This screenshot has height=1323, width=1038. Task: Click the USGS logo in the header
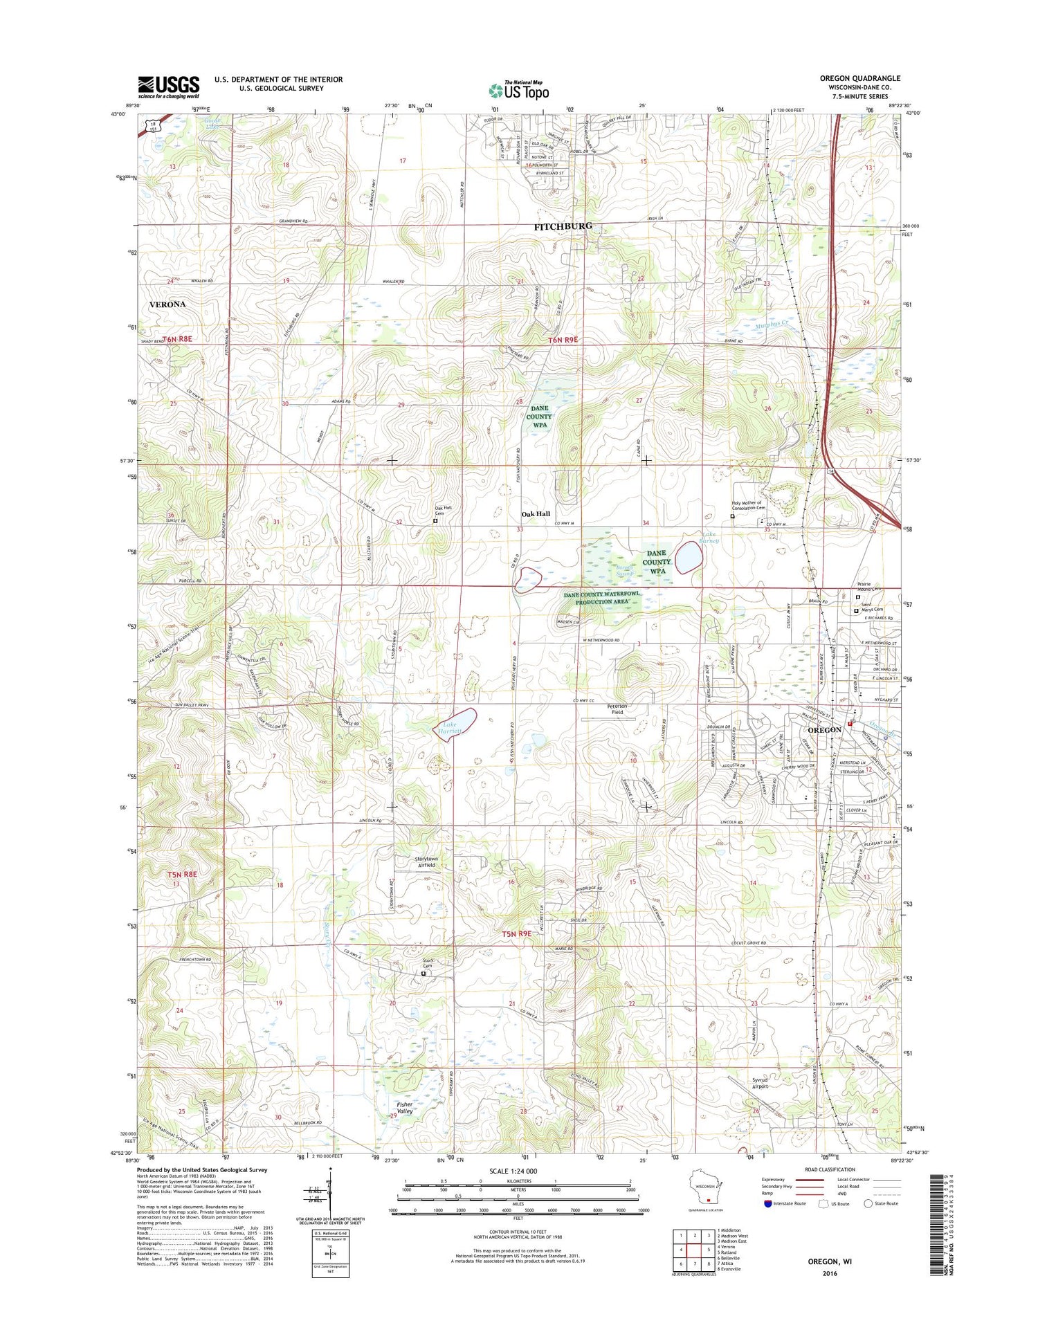tap(168, 86)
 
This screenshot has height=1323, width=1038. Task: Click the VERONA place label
tap(168, 304)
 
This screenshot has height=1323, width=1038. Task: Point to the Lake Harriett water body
tap(457, 726)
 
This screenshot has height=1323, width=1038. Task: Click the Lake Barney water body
tap(689, 557)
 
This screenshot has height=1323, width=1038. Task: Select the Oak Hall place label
tap(536, 514)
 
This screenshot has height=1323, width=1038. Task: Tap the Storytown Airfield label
tap(426, 862)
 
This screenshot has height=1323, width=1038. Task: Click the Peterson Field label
tap(617, 709)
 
